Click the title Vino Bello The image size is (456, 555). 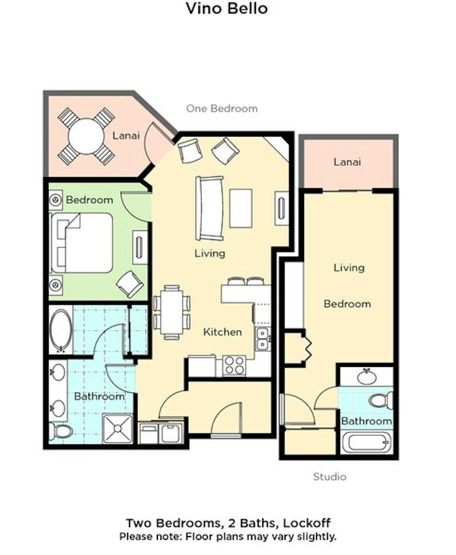click(227, 9)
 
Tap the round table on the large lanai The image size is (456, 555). click(86, 137)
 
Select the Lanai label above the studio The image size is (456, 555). click(347, 162)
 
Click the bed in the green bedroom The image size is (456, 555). click(82, 243)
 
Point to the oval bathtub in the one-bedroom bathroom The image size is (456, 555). click(61, 331)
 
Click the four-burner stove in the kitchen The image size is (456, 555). click(234, 366)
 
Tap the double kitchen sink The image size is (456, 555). click(263, 339)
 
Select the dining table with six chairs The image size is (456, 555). click(172, 312)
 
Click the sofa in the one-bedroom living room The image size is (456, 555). click(209, 208)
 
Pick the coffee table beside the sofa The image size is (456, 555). click(241, 208)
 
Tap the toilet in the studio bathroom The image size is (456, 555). click(381, 401)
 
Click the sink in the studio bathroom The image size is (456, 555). click(367, 377)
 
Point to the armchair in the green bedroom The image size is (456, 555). click(130, 284)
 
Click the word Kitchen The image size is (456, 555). click(222, 332)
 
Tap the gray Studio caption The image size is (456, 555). click(330, 477)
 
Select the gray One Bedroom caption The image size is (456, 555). click(221, 108)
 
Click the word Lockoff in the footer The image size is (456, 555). click(307, 523)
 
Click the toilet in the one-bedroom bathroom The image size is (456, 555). click(61, 431)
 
